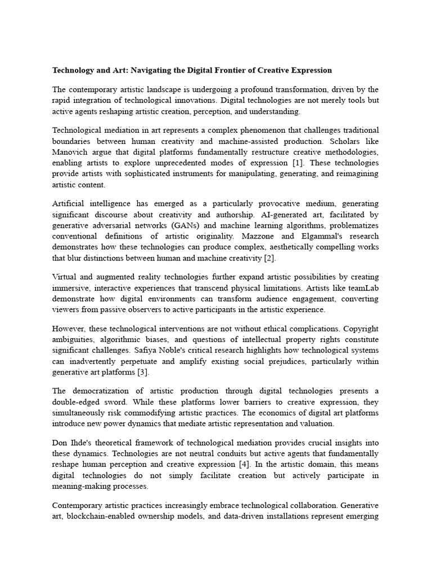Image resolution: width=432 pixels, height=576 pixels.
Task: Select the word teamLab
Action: pos(363,288)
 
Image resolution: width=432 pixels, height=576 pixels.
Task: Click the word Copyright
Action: pos(361,328)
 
